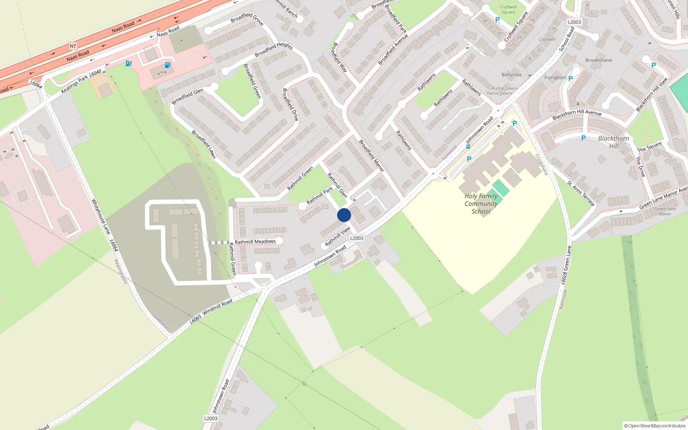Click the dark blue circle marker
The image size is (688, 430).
point(344,215)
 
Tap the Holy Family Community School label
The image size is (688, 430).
point(481,204)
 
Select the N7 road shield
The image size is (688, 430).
point(73,46)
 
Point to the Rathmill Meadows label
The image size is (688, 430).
point(255,242)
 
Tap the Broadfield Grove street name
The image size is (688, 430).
point(247,18)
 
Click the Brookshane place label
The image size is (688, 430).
point(599,60)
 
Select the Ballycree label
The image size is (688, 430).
point(511,75)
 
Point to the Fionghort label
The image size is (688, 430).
point(555,78)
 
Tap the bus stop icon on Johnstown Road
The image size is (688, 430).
point(468,147)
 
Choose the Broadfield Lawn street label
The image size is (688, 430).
point(203,144)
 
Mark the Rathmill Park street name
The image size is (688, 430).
point(319,196)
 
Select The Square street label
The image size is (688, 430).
point(649,147)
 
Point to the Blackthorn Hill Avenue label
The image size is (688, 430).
point(577,114)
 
